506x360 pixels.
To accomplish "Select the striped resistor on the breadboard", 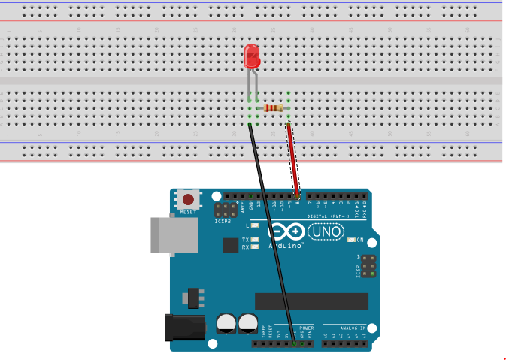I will point(274,108).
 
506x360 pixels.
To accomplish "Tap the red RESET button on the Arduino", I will point(188,200).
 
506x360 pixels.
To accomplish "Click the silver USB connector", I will point(174,234).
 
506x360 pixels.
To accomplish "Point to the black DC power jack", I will point(184,327).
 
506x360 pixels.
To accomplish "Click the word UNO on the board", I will point(325,231).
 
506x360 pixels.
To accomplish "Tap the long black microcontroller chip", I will point(311,301).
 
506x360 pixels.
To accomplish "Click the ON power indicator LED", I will point(351,240).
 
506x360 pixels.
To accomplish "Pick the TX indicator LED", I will point(256,240).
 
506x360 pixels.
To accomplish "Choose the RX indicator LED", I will point(256,247).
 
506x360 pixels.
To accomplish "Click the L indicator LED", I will point(256,225).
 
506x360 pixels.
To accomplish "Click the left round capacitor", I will point(226,323).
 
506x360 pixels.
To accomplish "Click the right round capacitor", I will point(247,323).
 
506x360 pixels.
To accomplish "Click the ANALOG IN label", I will point(352,328).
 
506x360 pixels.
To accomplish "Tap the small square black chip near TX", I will point(231,245).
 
